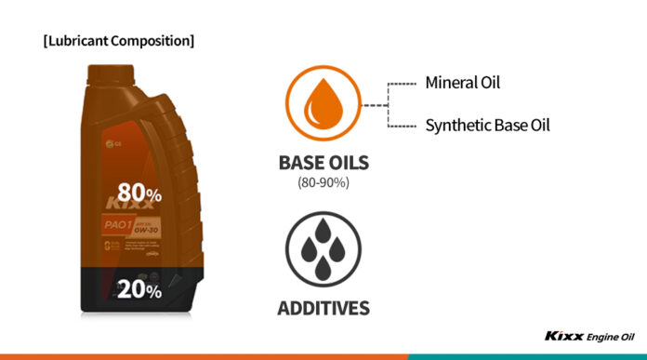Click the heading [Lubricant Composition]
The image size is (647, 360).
(x=119, y=41)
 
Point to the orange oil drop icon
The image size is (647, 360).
(x=323, y=105)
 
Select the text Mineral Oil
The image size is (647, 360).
(x=462, y=82)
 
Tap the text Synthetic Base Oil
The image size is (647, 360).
(x=487, y=124)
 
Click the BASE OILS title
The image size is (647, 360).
(x=323, y=164)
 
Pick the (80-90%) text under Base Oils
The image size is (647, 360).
(x=323, y=183)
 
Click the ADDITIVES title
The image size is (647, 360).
(x=323, y=308)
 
